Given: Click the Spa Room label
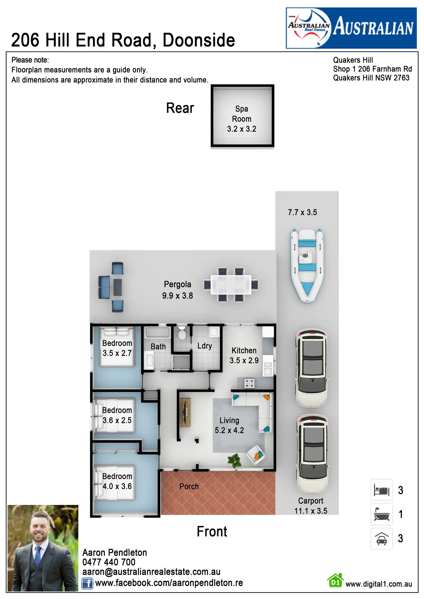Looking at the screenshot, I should pos(241,114).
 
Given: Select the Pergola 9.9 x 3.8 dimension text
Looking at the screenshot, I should pos(177,295).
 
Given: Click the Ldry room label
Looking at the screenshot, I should pos(205,346).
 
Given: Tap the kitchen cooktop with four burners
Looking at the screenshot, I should pos(249,383).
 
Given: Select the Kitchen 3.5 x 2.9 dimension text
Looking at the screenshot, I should pos(244,360).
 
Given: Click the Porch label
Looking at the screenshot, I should pos(189,487).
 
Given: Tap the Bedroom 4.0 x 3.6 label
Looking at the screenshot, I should pos(117,481).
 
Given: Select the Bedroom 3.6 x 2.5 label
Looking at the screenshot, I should pos(117,415).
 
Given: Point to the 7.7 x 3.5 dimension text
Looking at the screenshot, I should pos(302,212).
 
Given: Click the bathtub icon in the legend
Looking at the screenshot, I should pos(381,514).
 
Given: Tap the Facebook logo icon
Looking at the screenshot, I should pos(87,583).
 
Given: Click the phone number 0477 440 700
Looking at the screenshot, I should pos(109,562).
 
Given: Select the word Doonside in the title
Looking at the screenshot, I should pos(199,40).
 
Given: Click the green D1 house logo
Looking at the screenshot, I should pos(335,580).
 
